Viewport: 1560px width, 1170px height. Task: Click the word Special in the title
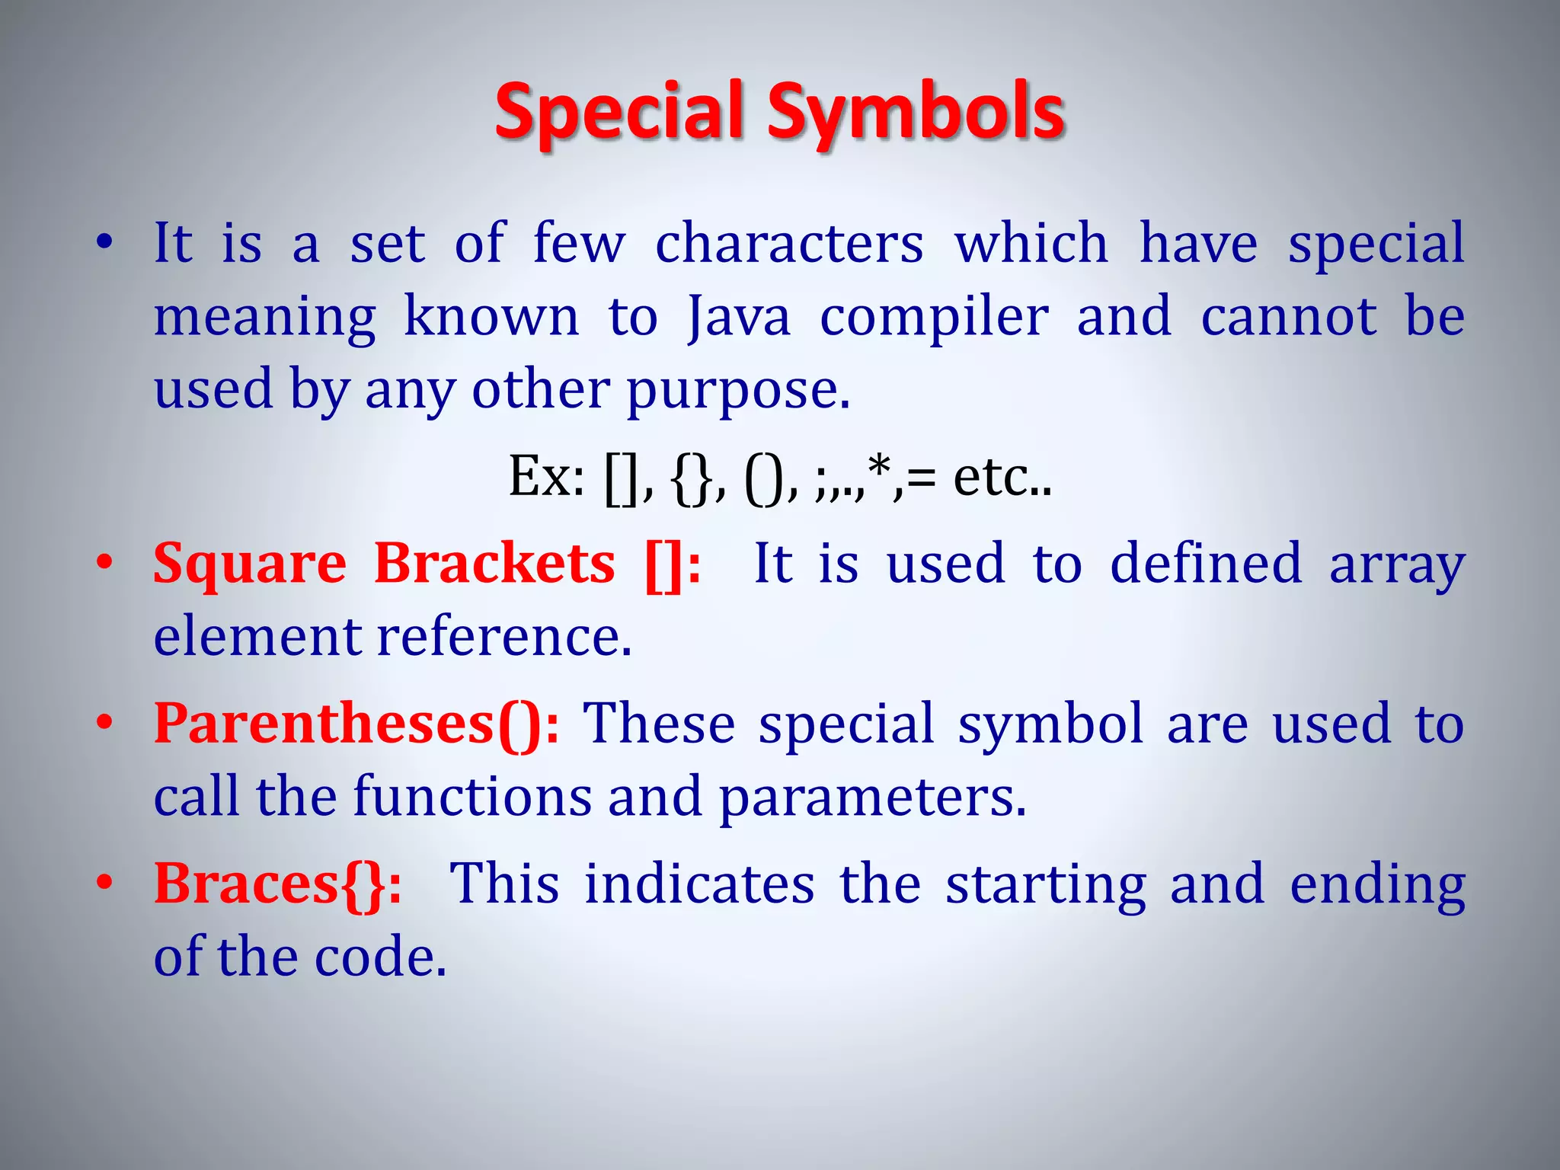pos(619,112)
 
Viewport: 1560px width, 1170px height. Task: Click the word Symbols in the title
pos(916,112)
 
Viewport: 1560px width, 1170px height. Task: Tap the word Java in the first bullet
pos(738,317)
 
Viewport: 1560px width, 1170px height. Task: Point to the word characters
pos(789,244)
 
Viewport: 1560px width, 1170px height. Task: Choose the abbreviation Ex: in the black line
pos(547,477)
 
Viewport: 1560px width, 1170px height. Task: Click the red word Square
pos(250,564)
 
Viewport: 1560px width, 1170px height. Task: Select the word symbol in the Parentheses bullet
pos(1051,724)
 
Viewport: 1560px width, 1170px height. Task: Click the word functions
pos(472,797)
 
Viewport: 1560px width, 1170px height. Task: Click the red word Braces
pos(246,884)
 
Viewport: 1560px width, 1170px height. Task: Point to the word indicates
pos(699,884)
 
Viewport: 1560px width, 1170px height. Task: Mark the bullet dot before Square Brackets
pos(104,564)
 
